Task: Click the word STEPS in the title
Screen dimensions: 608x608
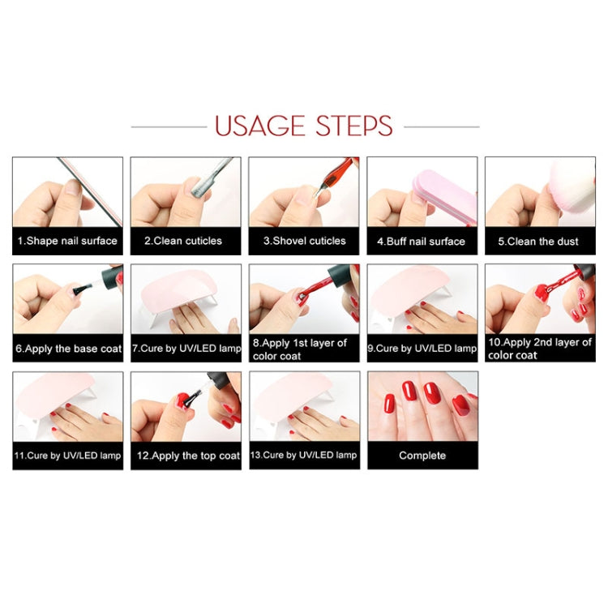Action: [x=351, y=126]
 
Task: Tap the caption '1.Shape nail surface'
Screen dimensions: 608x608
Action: [x=67, y=241]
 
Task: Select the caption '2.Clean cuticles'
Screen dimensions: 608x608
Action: [x=186, y=241]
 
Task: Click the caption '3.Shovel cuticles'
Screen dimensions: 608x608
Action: [x=304, y=241]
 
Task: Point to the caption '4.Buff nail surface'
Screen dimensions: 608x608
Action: [x=422, y=241]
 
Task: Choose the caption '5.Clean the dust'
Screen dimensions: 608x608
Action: [x=540, y=241]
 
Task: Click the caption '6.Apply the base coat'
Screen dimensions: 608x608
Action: [x=67, y=349]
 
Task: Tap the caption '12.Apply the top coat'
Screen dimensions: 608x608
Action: [x=186, y=456]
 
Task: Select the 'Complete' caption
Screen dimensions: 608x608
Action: [x=422, y=456]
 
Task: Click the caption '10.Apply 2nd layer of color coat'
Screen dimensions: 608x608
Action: [x=540, y=349]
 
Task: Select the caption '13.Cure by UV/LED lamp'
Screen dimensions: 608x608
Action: [x=304, y=456]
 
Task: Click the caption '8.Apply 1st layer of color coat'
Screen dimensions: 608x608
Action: [x=304, y=349]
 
